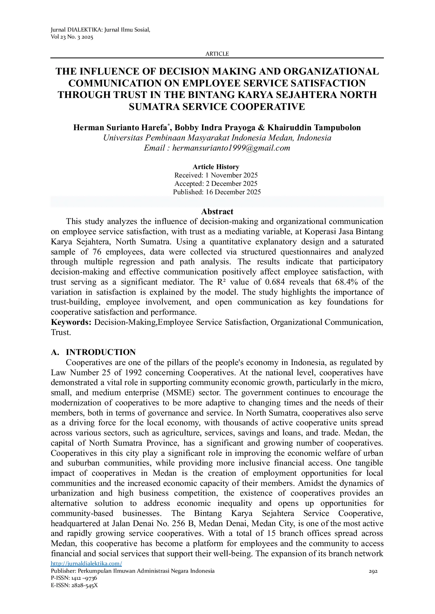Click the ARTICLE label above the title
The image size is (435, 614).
(217, 54)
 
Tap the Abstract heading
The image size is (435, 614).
(217, 211)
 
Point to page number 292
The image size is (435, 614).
(373, 571)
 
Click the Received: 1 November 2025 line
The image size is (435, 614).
(216, 175)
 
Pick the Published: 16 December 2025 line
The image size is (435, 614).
(217, 192)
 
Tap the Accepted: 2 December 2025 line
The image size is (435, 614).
(216, 183)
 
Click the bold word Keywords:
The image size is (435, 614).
(71, 322)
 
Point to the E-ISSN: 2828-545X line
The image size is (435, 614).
(74, 585)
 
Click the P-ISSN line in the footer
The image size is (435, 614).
(74, 578)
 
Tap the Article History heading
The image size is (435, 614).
(216, 167)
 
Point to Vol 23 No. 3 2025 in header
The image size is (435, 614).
(72, 37)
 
